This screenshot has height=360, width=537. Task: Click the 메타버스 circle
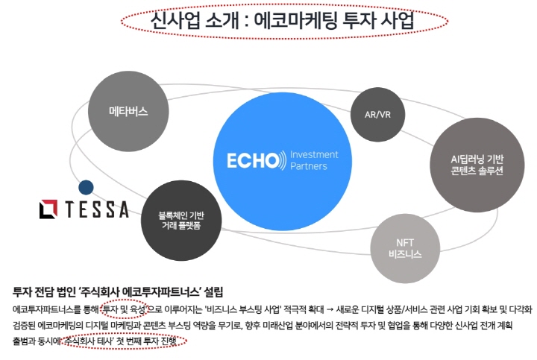(128, 111)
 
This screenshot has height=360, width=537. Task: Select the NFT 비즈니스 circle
(404, 247)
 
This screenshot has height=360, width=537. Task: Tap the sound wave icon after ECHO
(281, 160)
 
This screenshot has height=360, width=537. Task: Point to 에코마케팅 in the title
(295, 20)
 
